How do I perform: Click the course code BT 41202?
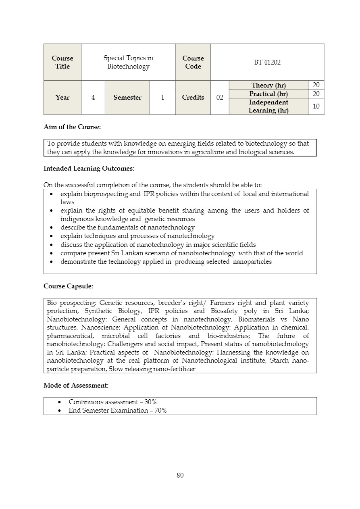267,62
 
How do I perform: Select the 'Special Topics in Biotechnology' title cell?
128,62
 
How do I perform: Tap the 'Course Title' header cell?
62,62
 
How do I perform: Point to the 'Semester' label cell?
127,97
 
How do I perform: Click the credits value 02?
220,97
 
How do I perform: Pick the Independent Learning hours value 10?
316,106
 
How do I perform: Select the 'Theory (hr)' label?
268,85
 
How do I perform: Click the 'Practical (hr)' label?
268,94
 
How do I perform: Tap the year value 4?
93,97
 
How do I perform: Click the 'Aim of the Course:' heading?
72,127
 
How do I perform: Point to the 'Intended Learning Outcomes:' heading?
89,168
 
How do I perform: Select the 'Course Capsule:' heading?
68,286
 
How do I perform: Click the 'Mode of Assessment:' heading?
76,385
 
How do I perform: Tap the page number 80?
180,475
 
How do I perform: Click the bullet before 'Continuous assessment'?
60,402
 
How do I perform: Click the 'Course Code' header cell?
193,62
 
